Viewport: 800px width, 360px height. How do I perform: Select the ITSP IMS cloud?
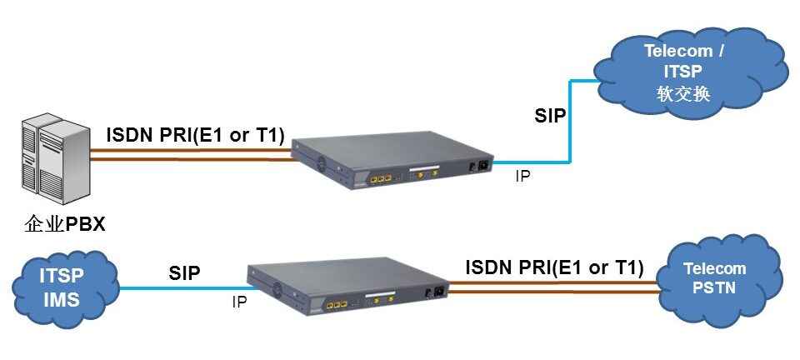[62, 286]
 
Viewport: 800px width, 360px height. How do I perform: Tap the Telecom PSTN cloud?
[714, 279]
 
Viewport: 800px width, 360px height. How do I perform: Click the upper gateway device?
[392, 159]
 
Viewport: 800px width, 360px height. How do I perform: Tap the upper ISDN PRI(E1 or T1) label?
[196, 134]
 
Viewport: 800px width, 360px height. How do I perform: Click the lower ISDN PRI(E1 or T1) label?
[554, 267]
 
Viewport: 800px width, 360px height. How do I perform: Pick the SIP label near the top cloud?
[550, 116]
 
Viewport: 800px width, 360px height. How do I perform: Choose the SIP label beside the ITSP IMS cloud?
[184, 272]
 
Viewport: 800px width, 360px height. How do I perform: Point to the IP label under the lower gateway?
[239, 303]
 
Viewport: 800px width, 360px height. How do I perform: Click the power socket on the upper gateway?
[478, 165]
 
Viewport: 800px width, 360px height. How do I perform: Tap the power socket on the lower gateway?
[434, 292]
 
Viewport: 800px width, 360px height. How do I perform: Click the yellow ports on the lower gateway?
[336, 306]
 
